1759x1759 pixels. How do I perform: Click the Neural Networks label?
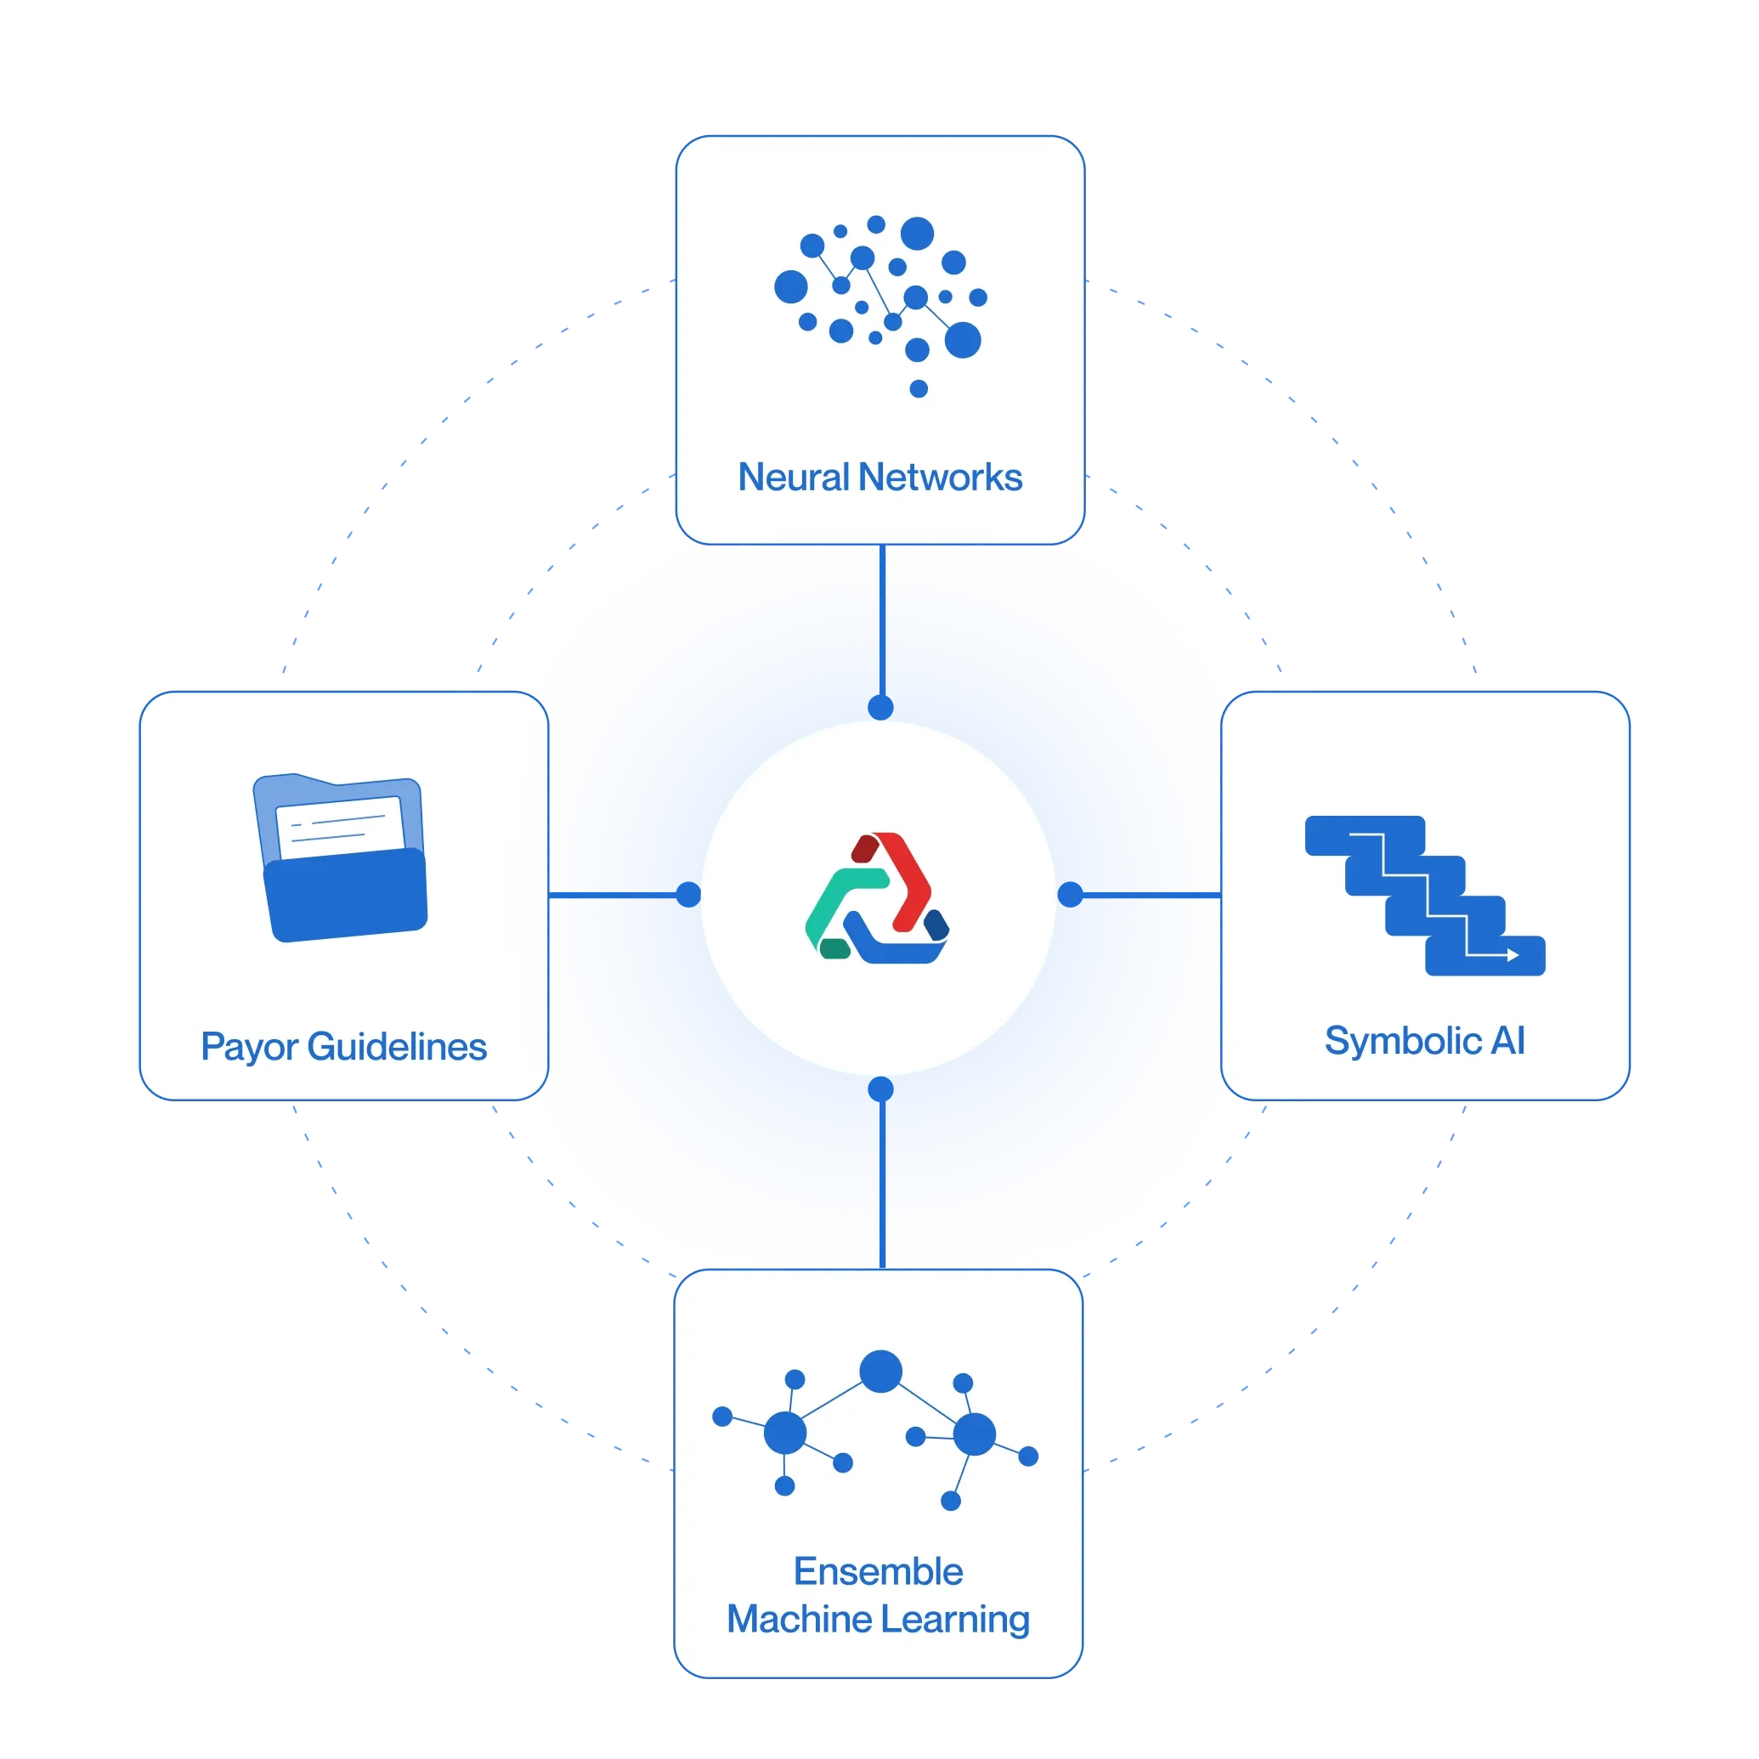[879, 477]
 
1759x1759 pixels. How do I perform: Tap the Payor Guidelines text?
[343, 1047]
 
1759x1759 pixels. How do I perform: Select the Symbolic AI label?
[1424, 1041]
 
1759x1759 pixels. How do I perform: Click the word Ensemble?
[878, 1571]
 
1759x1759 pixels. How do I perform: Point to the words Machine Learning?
[878, 1620]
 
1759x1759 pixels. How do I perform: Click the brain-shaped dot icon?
[879, 291]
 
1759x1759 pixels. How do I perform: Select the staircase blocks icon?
[1424, 895]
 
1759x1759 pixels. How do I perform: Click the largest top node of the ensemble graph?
[880, 1372]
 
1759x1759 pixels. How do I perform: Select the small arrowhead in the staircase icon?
[1513, 955]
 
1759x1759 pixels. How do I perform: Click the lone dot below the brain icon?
[919, 389]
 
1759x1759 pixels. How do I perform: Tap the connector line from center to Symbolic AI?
[1147, 896]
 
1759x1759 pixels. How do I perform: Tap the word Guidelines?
[397, 1047]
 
